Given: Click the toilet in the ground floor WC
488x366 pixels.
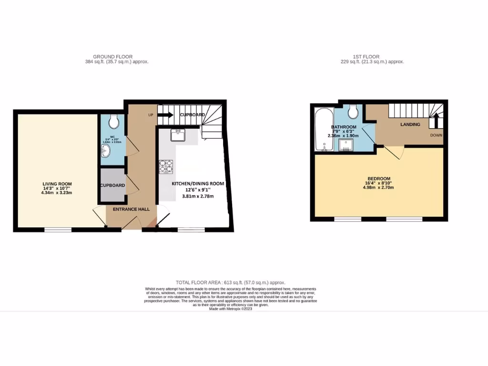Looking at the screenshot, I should coord(114,122).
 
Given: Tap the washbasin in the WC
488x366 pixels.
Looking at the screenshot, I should coord(106,152).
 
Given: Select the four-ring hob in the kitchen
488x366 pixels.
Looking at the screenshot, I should coord(166,166).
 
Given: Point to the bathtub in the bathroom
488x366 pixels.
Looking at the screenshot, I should coord(323,130).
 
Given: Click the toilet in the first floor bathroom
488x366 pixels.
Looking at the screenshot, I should coord(353,112).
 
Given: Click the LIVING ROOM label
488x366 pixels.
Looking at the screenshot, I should coord(57,184).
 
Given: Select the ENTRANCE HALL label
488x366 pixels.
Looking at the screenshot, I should coord(131,209).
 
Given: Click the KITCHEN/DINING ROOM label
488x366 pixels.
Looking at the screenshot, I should coord(198,183).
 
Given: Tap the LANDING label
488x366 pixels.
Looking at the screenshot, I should coord(410,125).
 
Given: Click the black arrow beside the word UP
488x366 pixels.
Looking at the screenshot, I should coord(166,114).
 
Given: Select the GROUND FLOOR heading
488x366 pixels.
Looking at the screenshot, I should coord(113,57).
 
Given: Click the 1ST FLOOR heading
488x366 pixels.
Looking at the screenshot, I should coord(366,57).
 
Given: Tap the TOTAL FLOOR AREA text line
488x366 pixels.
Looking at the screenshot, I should coord(231,283).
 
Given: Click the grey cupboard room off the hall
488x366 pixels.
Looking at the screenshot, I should coord(112,186).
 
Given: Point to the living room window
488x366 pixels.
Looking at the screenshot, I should coord(58,230).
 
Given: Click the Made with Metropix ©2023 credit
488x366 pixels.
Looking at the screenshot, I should coord(231,309).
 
